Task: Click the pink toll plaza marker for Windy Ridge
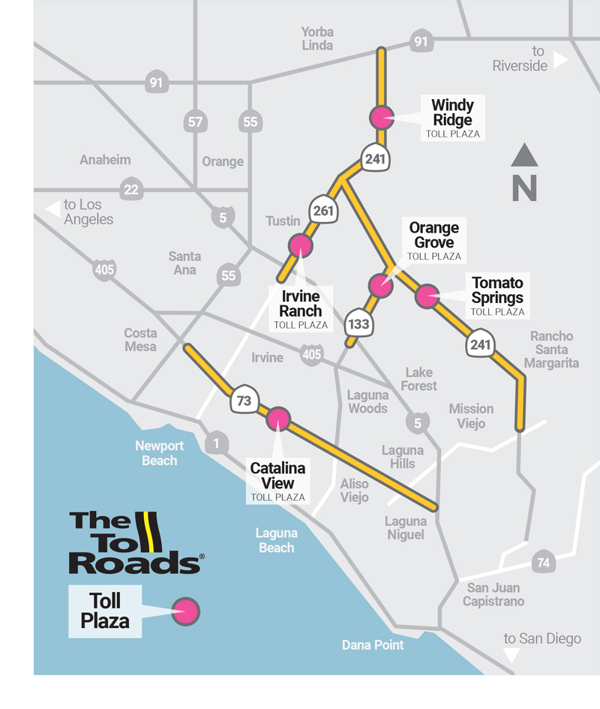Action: pos(382,117)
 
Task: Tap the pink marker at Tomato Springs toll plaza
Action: pos(427,296)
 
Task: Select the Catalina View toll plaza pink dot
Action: pos(278,419)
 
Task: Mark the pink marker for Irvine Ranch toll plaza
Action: pos(300,245)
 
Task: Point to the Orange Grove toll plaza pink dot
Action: pos(381,285)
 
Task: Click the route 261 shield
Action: pos(323,211)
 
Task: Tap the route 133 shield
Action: pos(358,325)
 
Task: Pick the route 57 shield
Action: pos(195,122)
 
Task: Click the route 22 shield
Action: pos(131,189)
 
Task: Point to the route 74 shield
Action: pos(542,562)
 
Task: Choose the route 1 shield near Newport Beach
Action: pos(217,444)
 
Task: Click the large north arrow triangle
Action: pos(525,156)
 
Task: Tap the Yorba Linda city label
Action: pos(317,38)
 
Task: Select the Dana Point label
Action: pos(373,644)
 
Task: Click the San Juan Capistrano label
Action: pos(493,594)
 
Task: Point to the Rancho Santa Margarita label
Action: pos(551,350)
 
